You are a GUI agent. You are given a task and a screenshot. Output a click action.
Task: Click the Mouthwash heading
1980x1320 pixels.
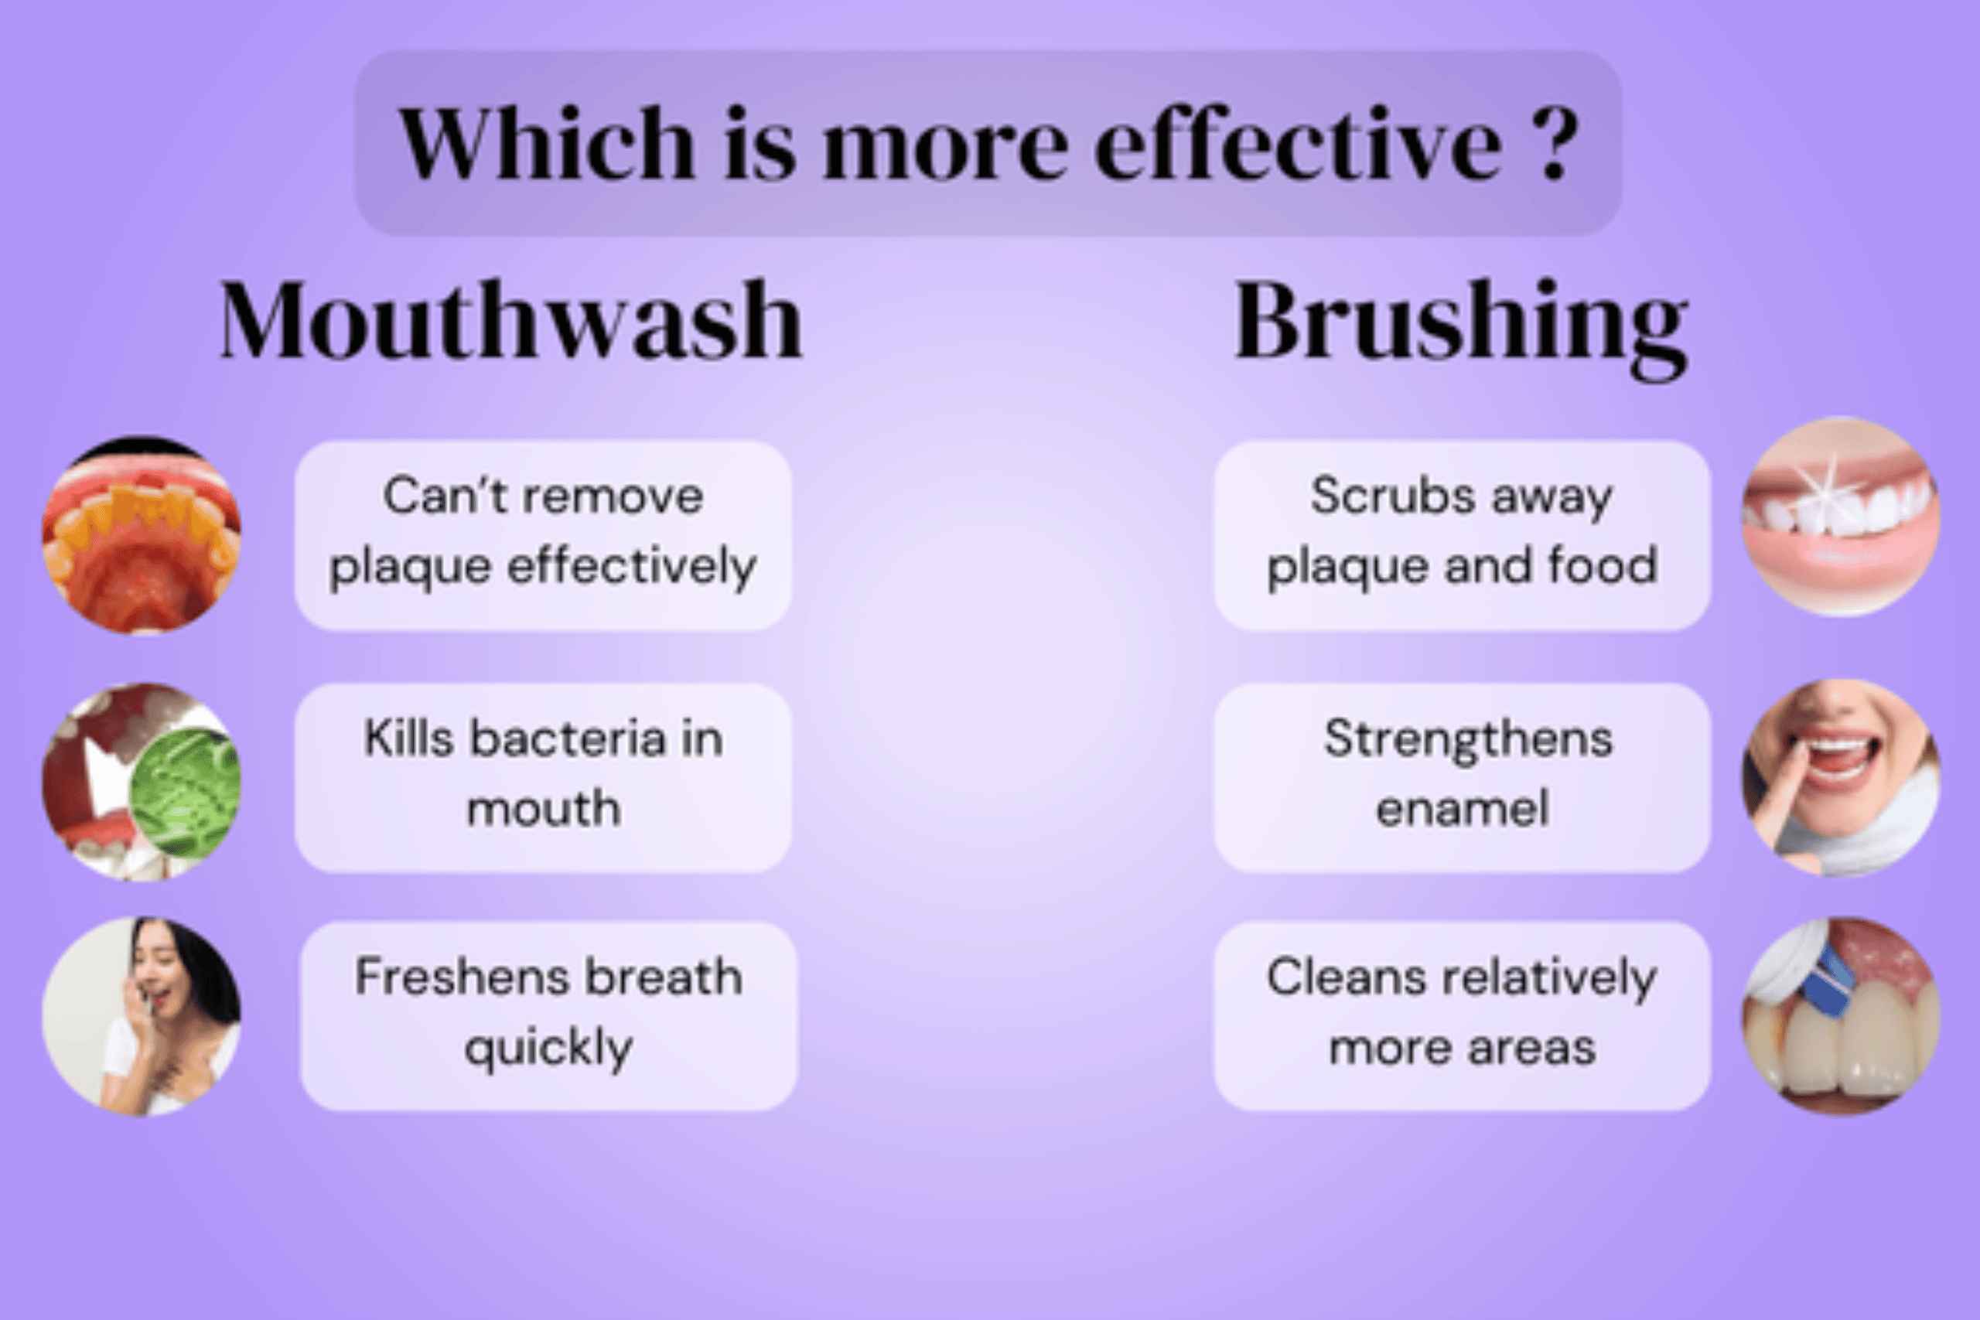(x=511, y=321)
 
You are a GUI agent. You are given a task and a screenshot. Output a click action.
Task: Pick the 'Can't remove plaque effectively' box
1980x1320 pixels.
(x=543, y=535)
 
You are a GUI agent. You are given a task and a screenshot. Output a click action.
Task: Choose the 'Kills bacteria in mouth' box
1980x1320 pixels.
(x=543, y=777)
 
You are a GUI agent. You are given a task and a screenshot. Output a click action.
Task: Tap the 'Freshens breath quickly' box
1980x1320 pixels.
(x=549, y=1015)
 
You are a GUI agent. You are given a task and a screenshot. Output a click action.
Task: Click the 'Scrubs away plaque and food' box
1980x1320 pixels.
(x=1463, y=535)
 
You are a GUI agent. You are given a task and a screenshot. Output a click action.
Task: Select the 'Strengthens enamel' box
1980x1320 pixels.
(x=1463, y=777)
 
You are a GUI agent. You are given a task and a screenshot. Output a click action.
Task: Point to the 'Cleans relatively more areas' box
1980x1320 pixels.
(x=1463, y=1015)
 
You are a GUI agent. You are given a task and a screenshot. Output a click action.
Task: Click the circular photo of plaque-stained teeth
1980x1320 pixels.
(x=142, y=534)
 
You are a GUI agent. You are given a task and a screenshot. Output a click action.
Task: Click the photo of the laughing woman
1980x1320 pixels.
(x=142, y=1016)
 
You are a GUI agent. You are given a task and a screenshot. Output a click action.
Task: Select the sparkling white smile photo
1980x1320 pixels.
(x=1841, y=516)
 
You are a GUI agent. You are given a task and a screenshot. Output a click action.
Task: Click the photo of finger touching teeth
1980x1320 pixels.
(x=1841, y=778)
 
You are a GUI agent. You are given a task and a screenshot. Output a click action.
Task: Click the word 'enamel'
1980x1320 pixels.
(x=1463, y=809)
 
